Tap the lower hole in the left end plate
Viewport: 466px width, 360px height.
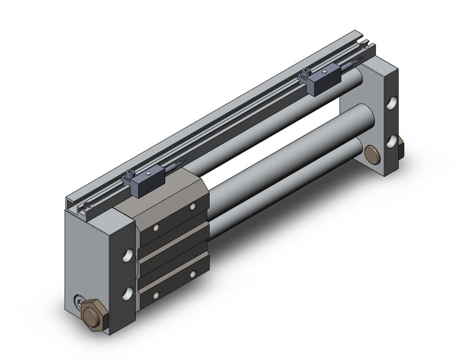click(x=128, y=293)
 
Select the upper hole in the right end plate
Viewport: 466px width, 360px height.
click(x=391, y=102)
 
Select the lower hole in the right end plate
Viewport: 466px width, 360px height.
click(x=391, y=141)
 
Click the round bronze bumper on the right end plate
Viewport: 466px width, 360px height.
click(x=372, y=153)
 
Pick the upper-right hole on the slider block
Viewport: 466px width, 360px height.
click(x=193, y=208)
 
